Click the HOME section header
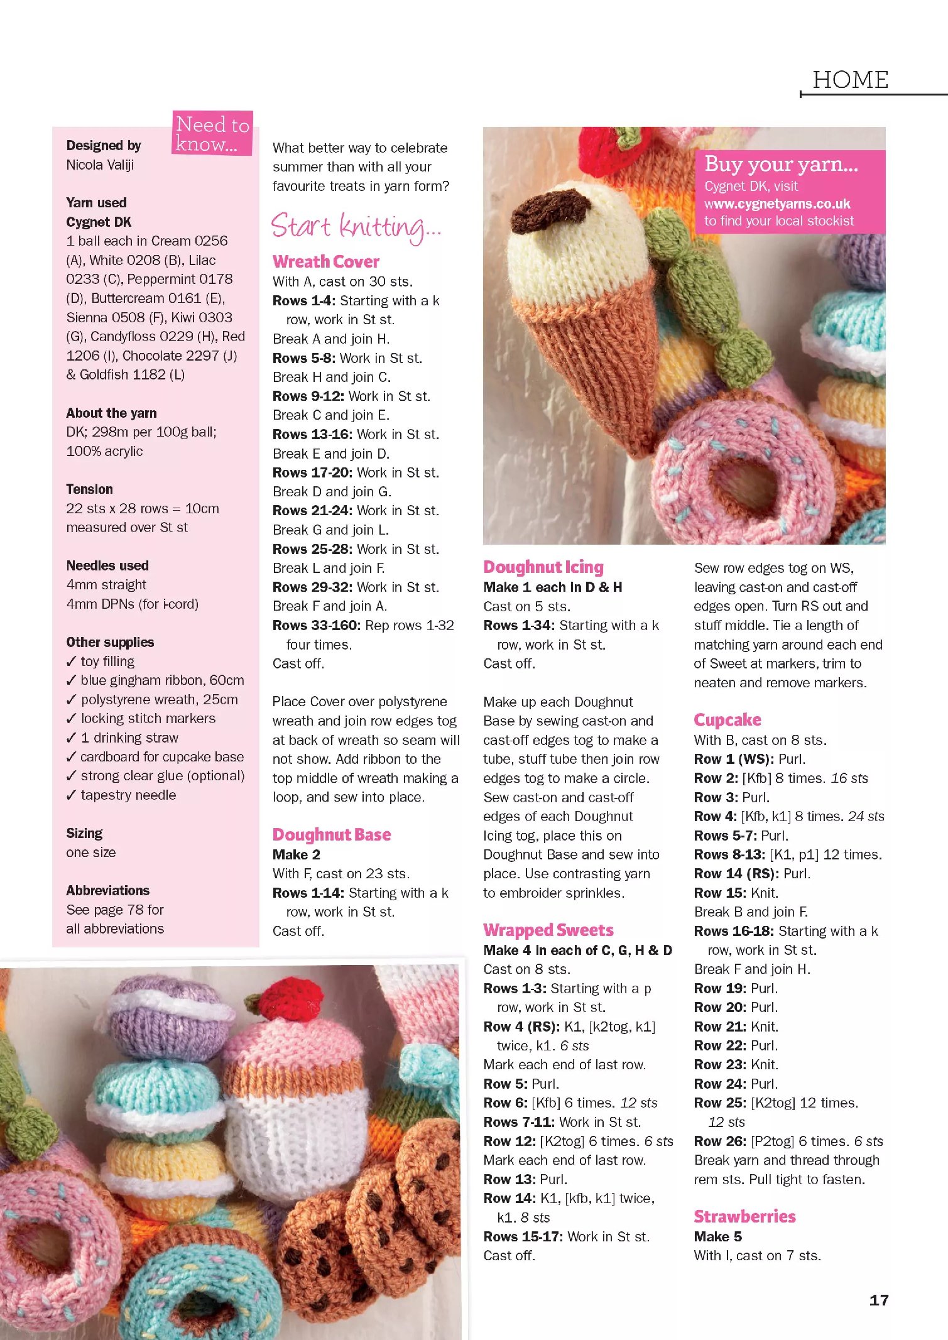point(850,80)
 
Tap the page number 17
point(878,1300)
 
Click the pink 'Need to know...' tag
point(212,133)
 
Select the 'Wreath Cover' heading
point(325,261)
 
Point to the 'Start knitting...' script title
point(356,226)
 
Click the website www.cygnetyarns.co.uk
point(777,204)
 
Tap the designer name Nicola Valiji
point(100,165)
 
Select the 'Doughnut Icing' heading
point(543,567)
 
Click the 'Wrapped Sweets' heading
point(548,930)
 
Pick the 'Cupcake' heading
point(727,720)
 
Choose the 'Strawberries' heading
point(744,1216)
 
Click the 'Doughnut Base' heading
point(331,834)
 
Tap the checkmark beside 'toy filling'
point(71,662)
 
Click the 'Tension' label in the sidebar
point(89,489)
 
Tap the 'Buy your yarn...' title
point(781,164)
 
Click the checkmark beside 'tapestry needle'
point(71,795)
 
